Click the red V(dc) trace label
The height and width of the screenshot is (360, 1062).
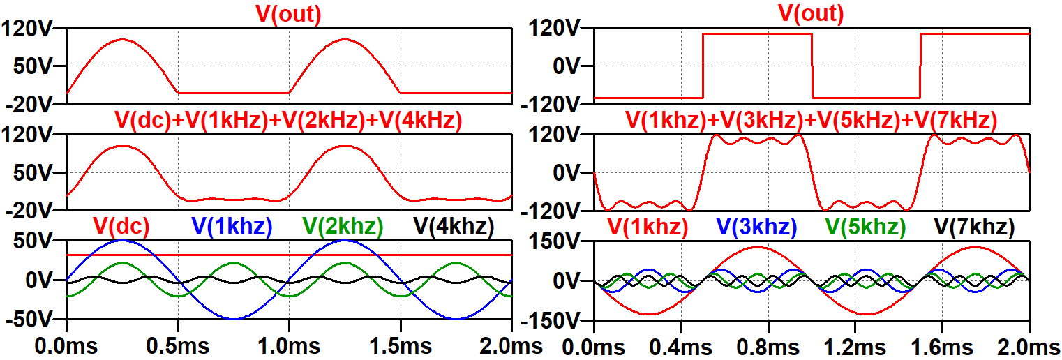click(x=121, y=226)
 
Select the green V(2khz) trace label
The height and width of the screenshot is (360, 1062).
click(x=343, y=226)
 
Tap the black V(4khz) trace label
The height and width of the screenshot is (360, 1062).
click(x=454, y=226)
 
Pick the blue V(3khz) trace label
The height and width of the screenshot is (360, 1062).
click(x=757, y=226)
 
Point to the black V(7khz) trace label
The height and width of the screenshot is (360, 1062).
click(x=974, y=226)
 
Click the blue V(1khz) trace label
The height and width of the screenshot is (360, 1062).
click(x=231, y=226)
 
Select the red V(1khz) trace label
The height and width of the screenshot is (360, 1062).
click(x=648, y=226)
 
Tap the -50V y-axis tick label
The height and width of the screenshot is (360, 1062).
click(x=28, y=320)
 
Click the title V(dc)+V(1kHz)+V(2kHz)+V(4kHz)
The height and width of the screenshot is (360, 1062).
click(x=288, y=121)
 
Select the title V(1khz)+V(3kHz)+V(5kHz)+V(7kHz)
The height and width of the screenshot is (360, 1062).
click(x=811, y=121)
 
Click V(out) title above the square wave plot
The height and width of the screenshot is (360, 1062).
click(x=811, y=13)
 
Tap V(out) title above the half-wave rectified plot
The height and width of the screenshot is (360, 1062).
click(x=288, y=13)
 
